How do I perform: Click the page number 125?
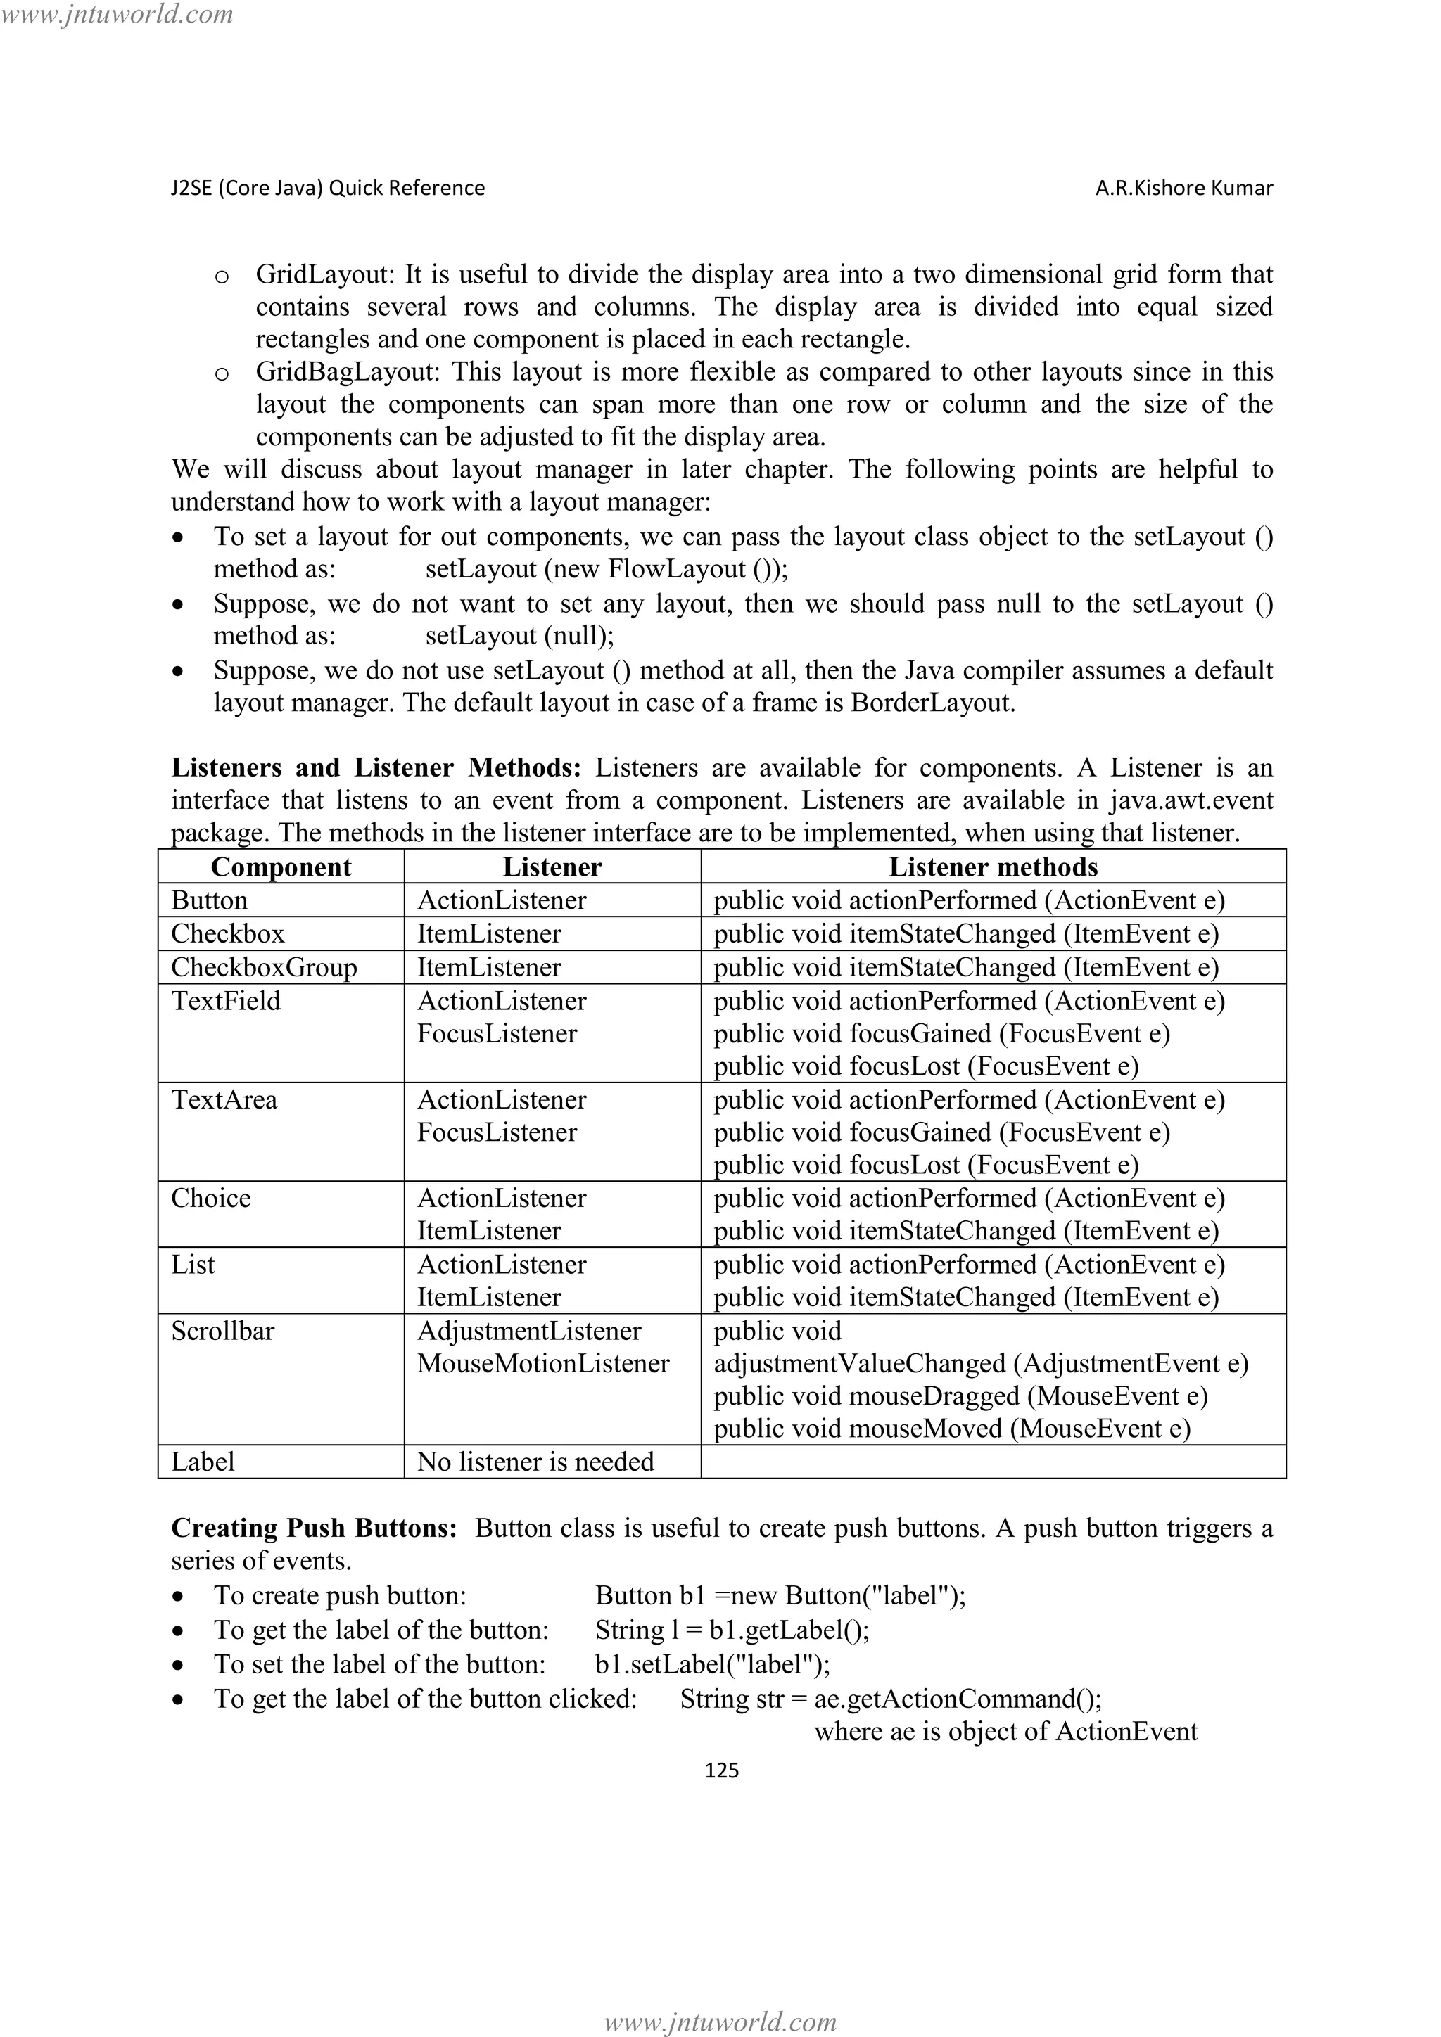click(720, 1770)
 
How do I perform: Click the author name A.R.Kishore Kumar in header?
click(1183, 188)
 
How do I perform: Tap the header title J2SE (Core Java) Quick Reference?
click(327, 188)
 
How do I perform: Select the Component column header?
click(281, 867)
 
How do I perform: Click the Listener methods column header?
click(993, 867)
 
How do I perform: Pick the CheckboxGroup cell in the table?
click(264, 967)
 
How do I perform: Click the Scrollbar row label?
click(223, 1331)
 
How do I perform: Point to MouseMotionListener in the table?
click(543, 1364)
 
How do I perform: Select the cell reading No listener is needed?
click(535, 1461)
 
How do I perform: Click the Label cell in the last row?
click(203, 1461)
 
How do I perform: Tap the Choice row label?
click(211, 1199)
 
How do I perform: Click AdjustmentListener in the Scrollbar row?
click(529, 1331)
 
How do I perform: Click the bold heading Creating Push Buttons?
click(314, 1528)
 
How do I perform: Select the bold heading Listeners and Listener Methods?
click(376, 767)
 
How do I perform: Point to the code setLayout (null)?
click(519, 636)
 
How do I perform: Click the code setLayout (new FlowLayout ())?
click(606, 569)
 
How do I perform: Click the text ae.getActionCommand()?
click(958, 1698)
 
